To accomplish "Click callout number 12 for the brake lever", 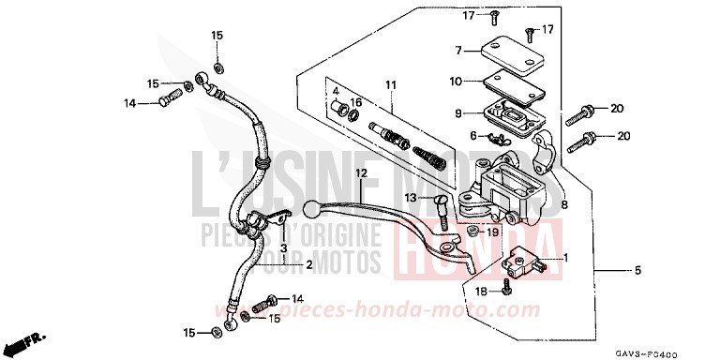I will [x=280, y=172].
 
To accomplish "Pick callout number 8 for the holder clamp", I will [x=565, y=203].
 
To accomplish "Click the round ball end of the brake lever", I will [x=316, y=209].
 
